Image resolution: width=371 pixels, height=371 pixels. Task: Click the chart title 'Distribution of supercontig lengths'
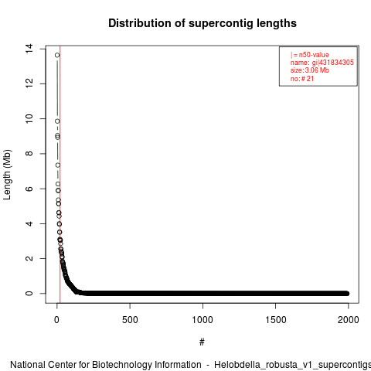pos(203,23)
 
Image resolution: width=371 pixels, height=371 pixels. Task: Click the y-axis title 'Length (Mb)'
pos(7,175)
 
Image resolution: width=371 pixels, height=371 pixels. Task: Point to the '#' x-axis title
pos(202,342)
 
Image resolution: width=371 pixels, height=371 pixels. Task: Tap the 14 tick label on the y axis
pos(29,49)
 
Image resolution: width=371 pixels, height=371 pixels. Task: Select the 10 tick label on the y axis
pos(29,118)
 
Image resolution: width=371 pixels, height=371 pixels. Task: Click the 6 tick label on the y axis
pos(29,189)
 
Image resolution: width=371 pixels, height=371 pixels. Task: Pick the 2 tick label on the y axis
pos(29,258)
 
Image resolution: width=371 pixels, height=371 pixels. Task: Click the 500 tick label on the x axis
pos(130,320)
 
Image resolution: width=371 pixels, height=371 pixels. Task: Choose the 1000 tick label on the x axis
pos(203,320)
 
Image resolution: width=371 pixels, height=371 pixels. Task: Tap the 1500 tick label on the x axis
pos(276,320)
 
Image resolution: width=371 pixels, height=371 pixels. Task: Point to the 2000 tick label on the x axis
pos(349,320)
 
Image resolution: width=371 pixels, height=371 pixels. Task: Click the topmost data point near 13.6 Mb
pos(57,55)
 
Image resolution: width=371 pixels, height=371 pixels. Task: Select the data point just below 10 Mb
pos(57,121)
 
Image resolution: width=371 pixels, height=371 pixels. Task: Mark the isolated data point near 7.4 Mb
pos(58,165)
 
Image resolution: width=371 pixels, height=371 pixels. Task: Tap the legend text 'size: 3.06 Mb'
pos(310,70)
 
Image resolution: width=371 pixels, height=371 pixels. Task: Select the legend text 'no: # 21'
pos(302,78)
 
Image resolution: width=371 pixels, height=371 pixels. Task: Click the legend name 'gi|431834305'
pos(333,63)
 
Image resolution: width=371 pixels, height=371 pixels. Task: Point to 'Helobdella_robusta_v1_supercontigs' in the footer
pos(292,366)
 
